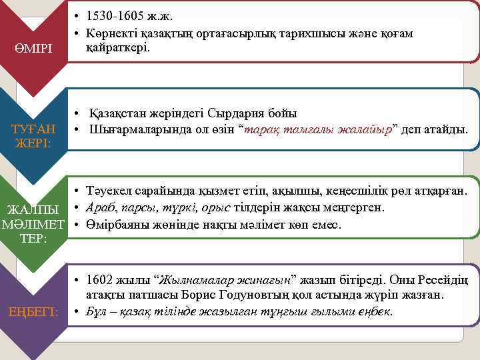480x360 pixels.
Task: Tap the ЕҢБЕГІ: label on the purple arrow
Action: [33, 311]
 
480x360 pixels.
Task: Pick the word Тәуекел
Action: [107, 192]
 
